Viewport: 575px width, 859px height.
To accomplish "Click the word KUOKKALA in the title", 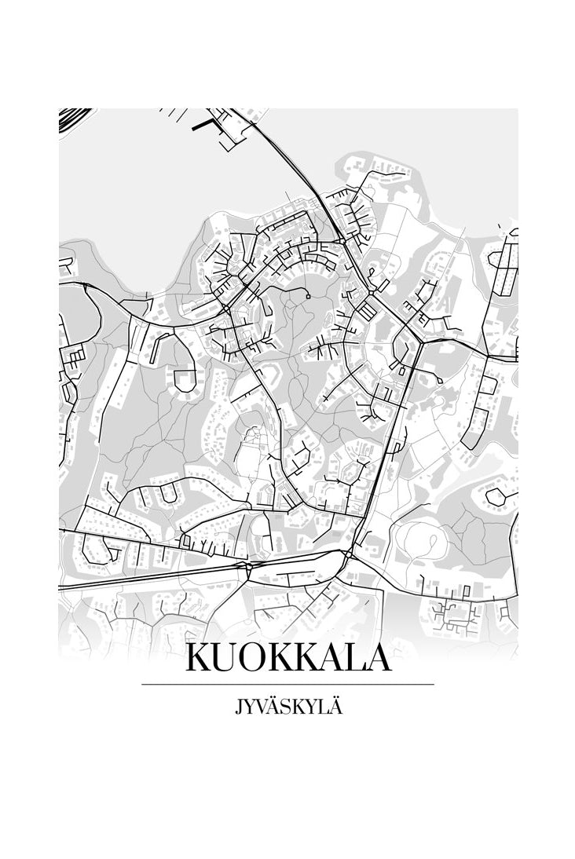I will pyautogui.click(x=287, y=658).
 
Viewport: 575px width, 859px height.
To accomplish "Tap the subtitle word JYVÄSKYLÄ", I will pyautogui.click(x=288, y=707).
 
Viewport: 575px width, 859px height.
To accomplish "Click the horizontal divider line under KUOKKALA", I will pyautogui.click(x=287, y=685).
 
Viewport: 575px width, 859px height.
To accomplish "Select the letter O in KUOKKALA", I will pyautogui.click(x=256, y=659).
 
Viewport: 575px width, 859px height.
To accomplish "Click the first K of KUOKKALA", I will pyautogui.click(x=200, y=659).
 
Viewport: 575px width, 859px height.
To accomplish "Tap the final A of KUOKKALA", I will pyautogui.click(x=377, y=659).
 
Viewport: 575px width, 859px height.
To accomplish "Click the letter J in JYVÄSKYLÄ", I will pyautogui.click(x=237, y=707).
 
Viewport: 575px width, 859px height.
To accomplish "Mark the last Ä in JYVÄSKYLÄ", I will pyautogui.click(x=336, y=706).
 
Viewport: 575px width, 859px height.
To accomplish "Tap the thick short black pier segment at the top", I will pyautogui.click(x=203, y=123).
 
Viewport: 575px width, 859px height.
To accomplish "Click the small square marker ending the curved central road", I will pyautogui.click(x=308, y=296).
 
